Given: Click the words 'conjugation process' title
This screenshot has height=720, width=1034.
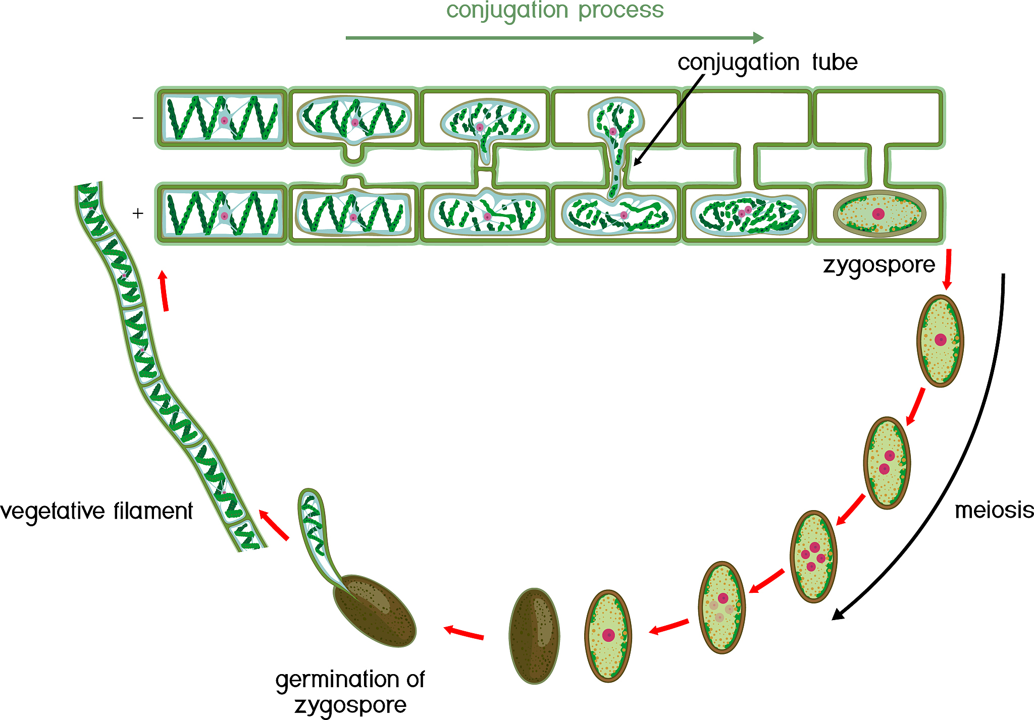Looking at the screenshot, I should coord(554,10).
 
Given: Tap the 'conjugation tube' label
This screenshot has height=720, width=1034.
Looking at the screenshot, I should coord(767,63).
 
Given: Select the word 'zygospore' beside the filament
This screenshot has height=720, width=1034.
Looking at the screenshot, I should coord(878,265).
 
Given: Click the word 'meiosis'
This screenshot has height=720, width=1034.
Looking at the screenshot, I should coord(994,511).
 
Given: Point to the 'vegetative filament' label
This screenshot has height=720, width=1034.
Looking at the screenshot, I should coord(96,511).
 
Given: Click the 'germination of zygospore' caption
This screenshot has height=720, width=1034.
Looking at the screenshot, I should coord(350,692).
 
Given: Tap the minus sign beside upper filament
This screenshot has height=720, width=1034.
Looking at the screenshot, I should coord(138,118).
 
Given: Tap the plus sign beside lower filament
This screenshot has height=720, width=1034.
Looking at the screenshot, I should coord(138,213).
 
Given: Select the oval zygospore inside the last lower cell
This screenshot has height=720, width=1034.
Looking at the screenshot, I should coord(879,214).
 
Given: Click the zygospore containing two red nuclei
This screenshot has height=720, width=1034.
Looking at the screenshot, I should coord(887,462).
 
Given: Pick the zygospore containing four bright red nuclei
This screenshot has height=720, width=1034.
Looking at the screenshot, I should coord(813,556).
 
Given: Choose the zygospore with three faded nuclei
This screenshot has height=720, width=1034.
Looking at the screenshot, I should coord(722,607).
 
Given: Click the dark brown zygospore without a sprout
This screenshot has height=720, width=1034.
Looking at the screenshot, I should coord(534,636).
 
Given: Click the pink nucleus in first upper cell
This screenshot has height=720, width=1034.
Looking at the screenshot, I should coord(224,121).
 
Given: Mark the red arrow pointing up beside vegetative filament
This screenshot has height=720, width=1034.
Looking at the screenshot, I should coord(164,290).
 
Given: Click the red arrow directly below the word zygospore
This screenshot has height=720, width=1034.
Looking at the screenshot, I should coord(948,268).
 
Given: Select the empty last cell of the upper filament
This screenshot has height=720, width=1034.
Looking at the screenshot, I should coord(878,117).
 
